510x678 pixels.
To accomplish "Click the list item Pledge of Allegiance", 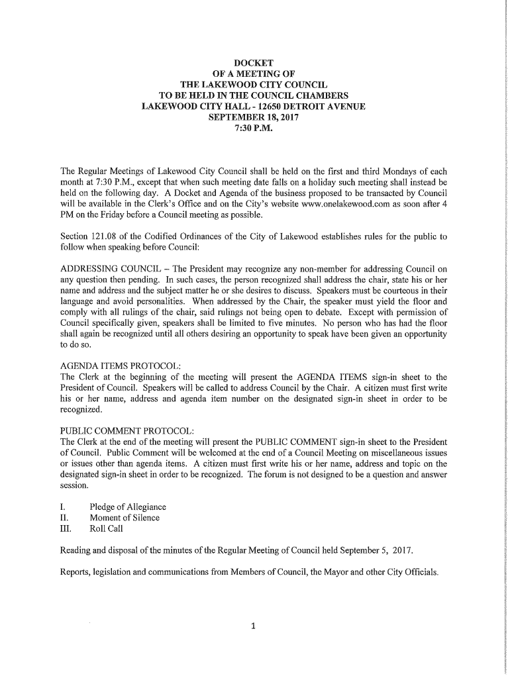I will click(x=128, y=507).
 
